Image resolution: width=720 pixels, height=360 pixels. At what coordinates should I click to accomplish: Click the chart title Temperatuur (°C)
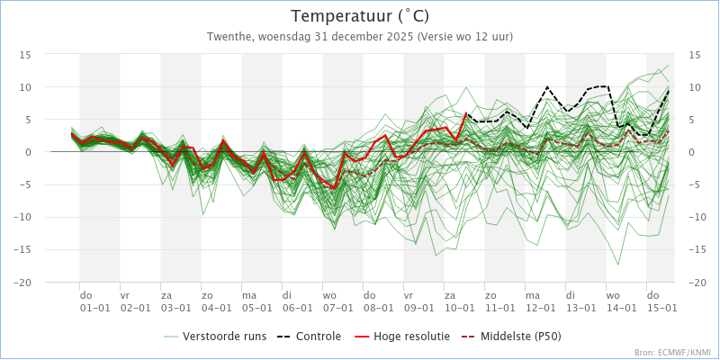pos(360,16)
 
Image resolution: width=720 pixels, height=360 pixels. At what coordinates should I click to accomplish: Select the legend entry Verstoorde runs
pos(215,337)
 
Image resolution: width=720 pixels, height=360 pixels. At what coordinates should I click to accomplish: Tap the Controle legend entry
pos(309,337)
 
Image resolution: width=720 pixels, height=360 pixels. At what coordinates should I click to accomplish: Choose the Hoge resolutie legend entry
pos(402,337)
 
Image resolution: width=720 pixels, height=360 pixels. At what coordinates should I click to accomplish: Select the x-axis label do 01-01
pos(95,301)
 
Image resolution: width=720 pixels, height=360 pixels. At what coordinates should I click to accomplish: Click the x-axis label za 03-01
pos(175,301)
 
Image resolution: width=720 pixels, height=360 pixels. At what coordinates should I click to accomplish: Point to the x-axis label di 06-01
pos(298,301)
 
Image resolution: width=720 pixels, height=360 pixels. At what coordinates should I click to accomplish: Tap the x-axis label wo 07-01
pos(338,301)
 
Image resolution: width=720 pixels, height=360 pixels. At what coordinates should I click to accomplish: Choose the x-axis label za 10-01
pos(460,301)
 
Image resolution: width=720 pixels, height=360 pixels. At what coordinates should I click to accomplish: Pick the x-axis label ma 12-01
pos(541,301)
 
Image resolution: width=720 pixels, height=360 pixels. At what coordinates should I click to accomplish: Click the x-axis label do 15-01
pos(662,301)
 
